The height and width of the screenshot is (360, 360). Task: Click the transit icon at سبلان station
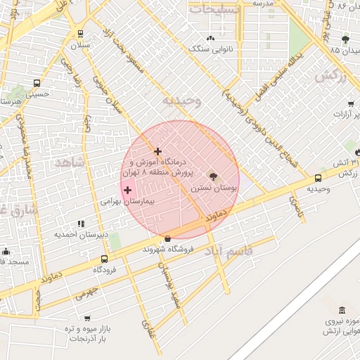[80, 33]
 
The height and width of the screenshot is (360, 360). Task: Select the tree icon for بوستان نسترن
[213, 176]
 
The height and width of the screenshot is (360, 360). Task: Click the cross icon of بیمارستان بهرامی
[127, 190]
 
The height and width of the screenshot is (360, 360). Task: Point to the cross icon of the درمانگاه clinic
[157, 151]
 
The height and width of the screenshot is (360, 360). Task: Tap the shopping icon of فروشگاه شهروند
[167, 238]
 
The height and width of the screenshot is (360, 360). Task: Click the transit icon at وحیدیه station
[319, 178]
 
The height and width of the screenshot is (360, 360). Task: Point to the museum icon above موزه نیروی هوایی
[342, 311]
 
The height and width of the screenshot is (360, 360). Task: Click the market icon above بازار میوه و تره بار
[86, 318]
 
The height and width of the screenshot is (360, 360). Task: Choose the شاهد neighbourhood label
[69, 162]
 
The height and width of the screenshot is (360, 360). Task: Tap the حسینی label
[37, 93]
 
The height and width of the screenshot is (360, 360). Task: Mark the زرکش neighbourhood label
[330, 77]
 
